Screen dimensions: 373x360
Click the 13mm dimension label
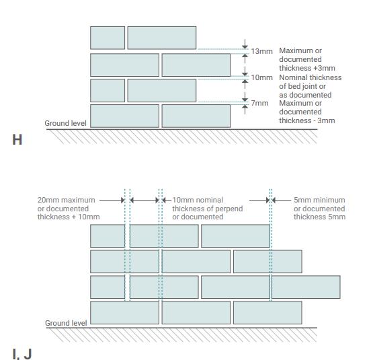coord(261,51)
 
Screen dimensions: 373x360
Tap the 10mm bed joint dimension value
coord(261,77)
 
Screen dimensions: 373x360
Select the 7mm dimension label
coord(259,103)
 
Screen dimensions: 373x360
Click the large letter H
coord(17,139)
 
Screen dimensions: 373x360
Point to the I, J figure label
coord(22,354)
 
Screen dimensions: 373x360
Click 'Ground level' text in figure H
coord(65,123)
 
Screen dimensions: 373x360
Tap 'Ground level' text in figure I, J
coord(66,323)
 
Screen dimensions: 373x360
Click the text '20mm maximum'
coord(66,200)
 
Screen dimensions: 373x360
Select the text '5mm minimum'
coord(319,200)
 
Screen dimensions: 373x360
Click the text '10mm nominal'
coord(198,200)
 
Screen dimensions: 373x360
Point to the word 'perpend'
coord(229,209)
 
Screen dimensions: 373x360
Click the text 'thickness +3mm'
coord(307,68)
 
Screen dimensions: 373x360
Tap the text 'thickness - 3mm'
coord(307,120)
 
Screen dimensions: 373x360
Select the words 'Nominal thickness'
coord(310,77)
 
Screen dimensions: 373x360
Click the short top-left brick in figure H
coord(108,38)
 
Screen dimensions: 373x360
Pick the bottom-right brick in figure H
coord(196,116)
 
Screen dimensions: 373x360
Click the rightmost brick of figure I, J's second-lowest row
coord(306,287)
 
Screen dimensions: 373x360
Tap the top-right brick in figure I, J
coord(235,236)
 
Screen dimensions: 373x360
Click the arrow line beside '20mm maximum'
coord(112,200)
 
